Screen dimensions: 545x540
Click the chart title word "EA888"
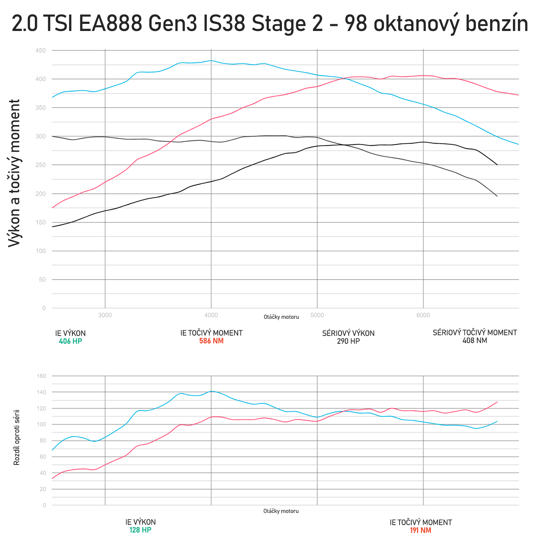point(109,24)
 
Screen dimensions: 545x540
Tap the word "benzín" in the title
point(497,24)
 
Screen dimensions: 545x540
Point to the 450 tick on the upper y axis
point(41,51)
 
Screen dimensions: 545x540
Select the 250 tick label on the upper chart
point(41,165)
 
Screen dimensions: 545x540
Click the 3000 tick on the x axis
point(105,315)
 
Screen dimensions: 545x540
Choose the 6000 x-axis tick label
point(423,315)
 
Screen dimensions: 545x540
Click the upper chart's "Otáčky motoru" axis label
point(281,317)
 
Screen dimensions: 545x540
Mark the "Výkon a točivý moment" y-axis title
point(15,173)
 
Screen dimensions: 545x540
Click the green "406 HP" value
point(70,341)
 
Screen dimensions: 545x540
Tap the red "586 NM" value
point(211,341)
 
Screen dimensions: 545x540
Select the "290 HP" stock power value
point(348,341)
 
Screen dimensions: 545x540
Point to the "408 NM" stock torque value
point(474,341)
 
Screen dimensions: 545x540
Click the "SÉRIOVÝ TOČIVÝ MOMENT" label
point(474,333)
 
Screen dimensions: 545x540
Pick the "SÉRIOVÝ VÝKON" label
point(348,333)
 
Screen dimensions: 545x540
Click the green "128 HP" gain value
point(140,530)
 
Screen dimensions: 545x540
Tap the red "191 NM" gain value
point(421,530)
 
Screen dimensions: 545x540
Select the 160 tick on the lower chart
point(41,376)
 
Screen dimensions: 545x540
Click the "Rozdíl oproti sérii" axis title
point(17,438)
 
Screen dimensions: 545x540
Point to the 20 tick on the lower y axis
point(43,489)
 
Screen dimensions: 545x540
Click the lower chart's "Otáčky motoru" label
point(281,511)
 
